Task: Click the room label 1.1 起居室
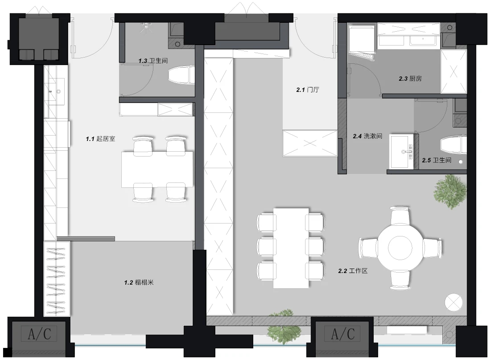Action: (100, 139)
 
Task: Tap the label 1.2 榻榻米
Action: (139, 283)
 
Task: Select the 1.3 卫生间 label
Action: (153, 61)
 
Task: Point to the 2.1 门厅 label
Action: (308, 90)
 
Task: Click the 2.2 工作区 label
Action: (353, 271)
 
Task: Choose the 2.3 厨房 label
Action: (410, 79)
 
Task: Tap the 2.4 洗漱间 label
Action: (367, 137)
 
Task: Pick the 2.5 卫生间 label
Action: (437, 161)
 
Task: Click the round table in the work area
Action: (400, 248)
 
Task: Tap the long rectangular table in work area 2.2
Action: (291, 248)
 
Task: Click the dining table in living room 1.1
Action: (157, 170)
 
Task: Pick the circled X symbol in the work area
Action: (454, 302)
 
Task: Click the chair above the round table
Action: (400, 215)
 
